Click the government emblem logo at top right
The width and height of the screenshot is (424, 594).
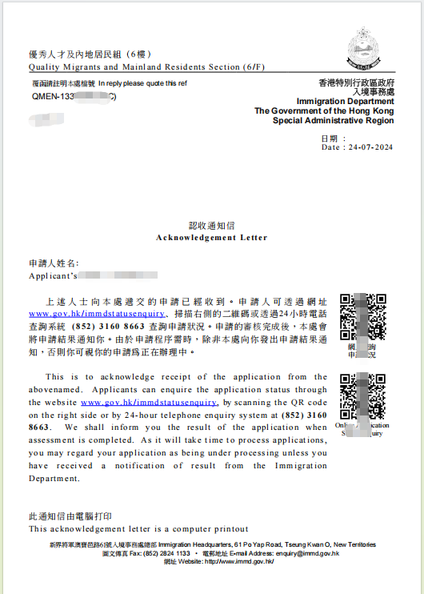370,49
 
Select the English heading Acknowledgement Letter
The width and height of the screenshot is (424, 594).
212,238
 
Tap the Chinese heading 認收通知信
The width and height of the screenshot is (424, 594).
212,227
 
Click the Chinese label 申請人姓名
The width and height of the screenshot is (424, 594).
54,263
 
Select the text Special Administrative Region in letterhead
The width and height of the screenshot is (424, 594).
334,121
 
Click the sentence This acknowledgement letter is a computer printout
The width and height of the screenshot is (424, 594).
138,529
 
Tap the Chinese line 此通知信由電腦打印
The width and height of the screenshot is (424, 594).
71,517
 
